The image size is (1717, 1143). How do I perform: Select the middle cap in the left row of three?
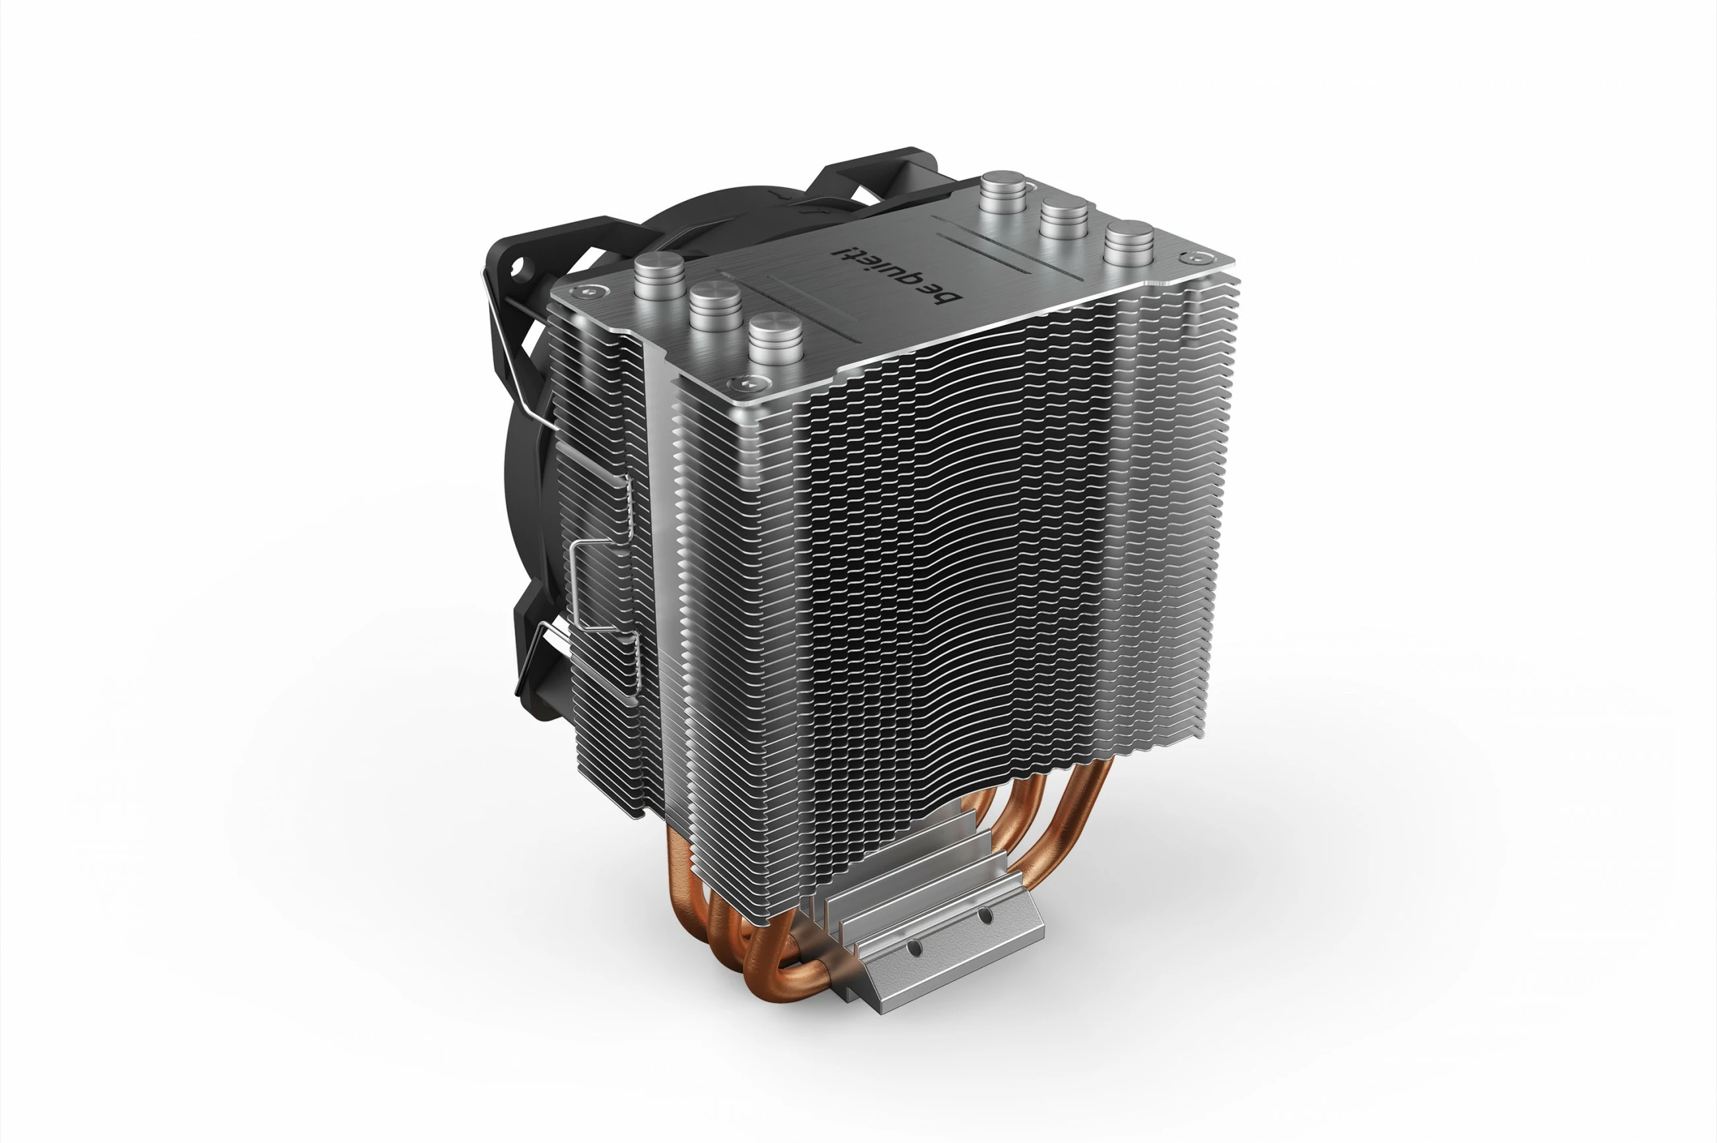click(x=715, y=296)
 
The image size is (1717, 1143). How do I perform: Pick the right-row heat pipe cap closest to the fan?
click(x=1004, y=184)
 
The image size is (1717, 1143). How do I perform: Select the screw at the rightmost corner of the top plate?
click(x=1191, y=258)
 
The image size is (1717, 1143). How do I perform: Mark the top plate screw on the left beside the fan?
click(x=584, y=291)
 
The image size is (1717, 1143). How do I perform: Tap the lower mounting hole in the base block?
click(x=912, y=947)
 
